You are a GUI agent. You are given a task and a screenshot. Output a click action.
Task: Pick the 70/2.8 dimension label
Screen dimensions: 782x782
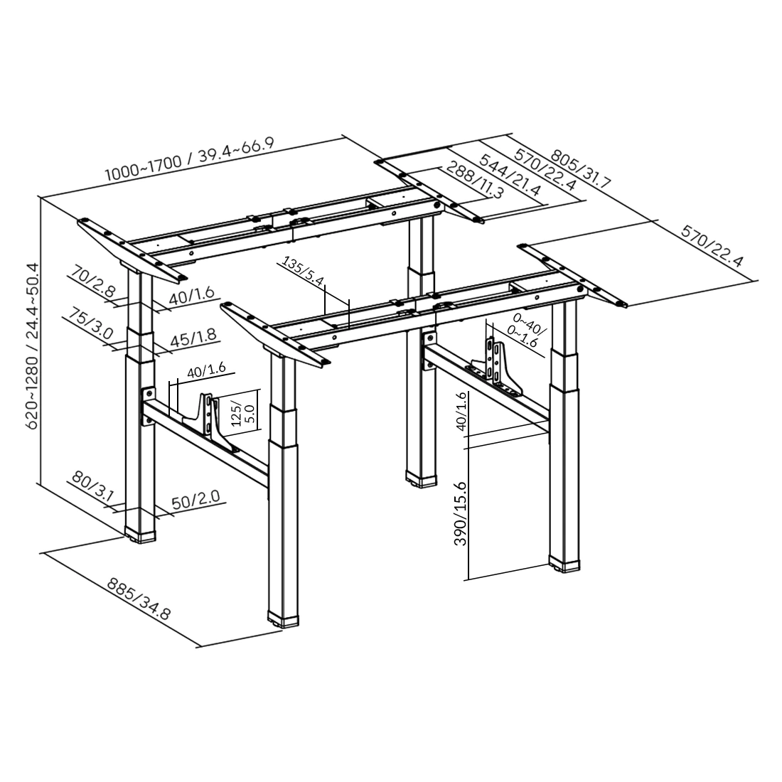[93, 280]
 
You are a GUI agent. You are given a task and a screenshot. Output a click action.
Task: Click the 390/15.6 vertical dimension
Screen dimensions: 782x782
[461, 513]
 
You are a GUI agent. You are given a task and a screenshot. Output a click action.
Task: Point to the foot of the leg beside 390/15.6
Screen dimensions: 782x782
[566, 564]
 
